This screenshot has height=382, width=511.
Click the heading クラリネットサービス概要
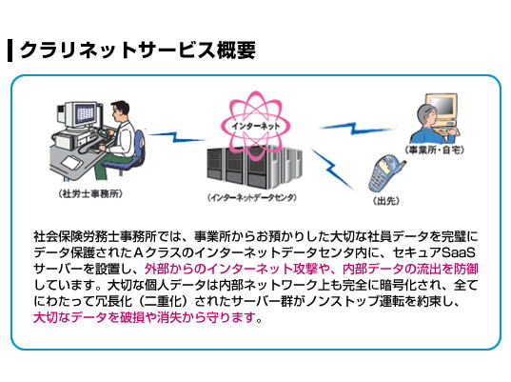click(138, 50)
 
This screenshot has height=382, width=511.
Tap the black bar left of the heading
click(10, 50)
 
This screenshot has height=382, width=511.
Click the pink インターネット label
click(255, 126)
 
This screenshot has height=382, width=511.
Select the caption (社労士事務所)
click(90, 194)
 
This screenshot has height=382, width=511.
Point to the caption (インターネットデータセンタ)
click(252, 198)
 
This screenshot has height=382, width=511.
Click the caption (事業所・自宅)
click(435, 151)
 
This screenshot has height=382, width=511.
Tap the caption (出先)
click(386, 201)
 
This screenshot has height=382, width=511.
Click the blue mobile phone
click(386, 174)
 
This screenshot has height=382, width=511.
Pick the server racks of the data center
click(254, 168)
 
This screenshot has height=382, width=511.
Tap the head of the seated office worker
click(120, 111)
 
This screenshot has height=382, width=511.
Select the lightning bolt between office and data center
click(176, 137)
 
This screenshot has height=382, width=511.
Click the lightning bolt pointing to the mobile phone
click(332, 169)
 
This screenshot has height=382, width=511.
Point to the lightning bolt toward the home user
click(358, 128)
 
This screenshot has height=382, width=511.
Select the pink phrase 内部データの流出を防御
click(410, 269)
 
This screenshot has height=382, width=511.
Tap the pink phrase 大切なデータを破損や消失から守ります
click(145, 317)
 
